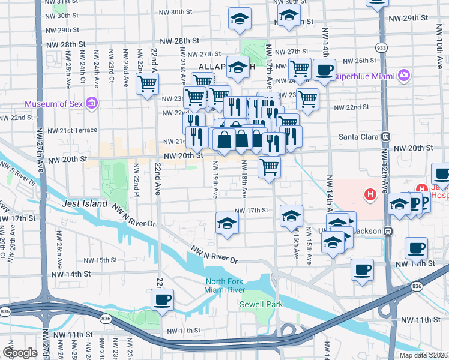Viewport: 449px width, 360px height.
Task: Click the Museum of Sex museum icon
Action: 92,104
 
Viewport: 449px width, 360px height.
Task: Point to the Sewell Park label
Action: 261,304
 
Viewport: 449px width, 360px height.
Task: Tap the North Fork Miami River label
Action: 224,286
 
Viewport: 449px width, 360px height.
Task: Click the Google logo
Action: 19,352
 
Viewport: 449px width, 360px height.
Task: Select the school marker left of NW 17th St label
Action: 228,223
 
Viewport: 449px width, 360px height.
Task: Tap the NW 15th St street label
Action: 100,260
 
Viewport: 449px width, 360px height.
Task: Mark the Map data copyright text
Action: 423,355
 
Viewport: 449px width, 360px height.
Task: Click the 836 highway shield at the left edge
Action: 5,311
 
